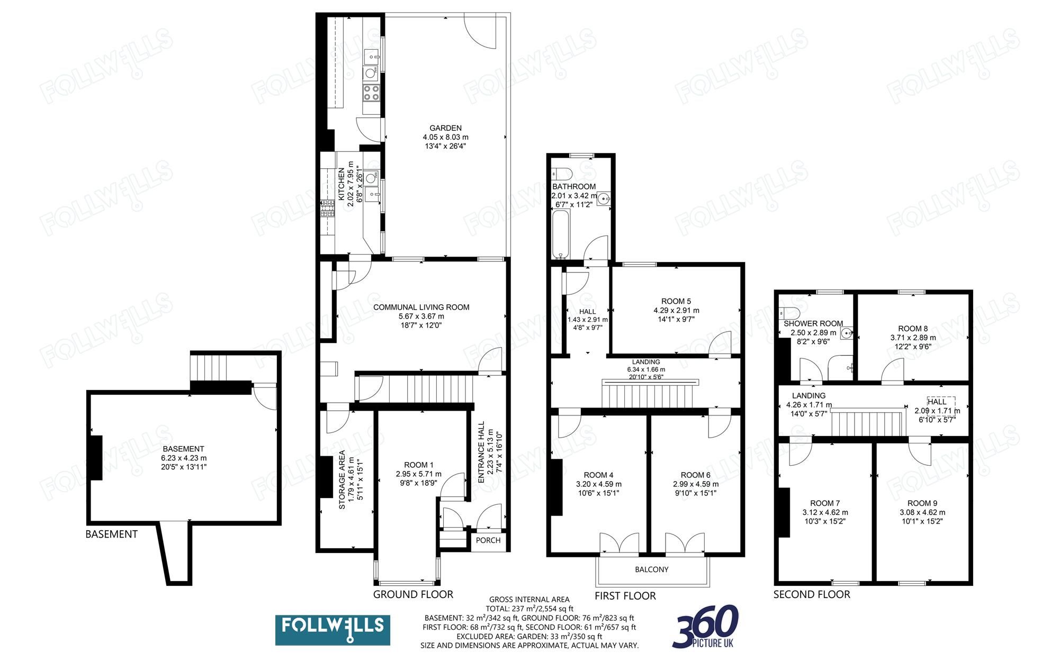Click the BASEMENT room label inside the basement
tap(183, 449)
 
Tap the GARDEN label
tap(445, 128)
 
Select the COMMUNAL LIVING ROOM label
tap(421, 307)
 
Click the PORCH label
tap(488, 540)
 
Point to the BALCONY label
tap(651, 569)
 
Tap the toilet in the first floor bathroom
tap(561, 174)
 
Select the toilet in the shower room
tap(789, 312)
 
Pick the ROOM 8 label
tap(912, 328)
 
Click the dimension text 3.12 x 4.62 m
tap(825, 512)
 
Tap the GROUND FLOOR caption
tap(413, 594)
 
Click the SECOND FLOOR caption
tap(811, 594)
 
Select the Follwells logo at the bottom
tap(333, 630)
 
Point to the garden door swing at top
tap(480, 32)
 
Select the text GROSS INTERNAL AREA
tap(529, 599)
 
